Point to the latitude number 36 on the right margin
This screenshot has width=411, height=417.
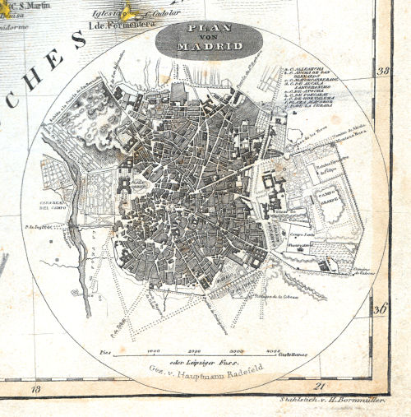click(x=380, y=310)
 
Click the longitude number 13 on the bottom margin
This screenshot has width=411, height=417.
click(x=35, y=387)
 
